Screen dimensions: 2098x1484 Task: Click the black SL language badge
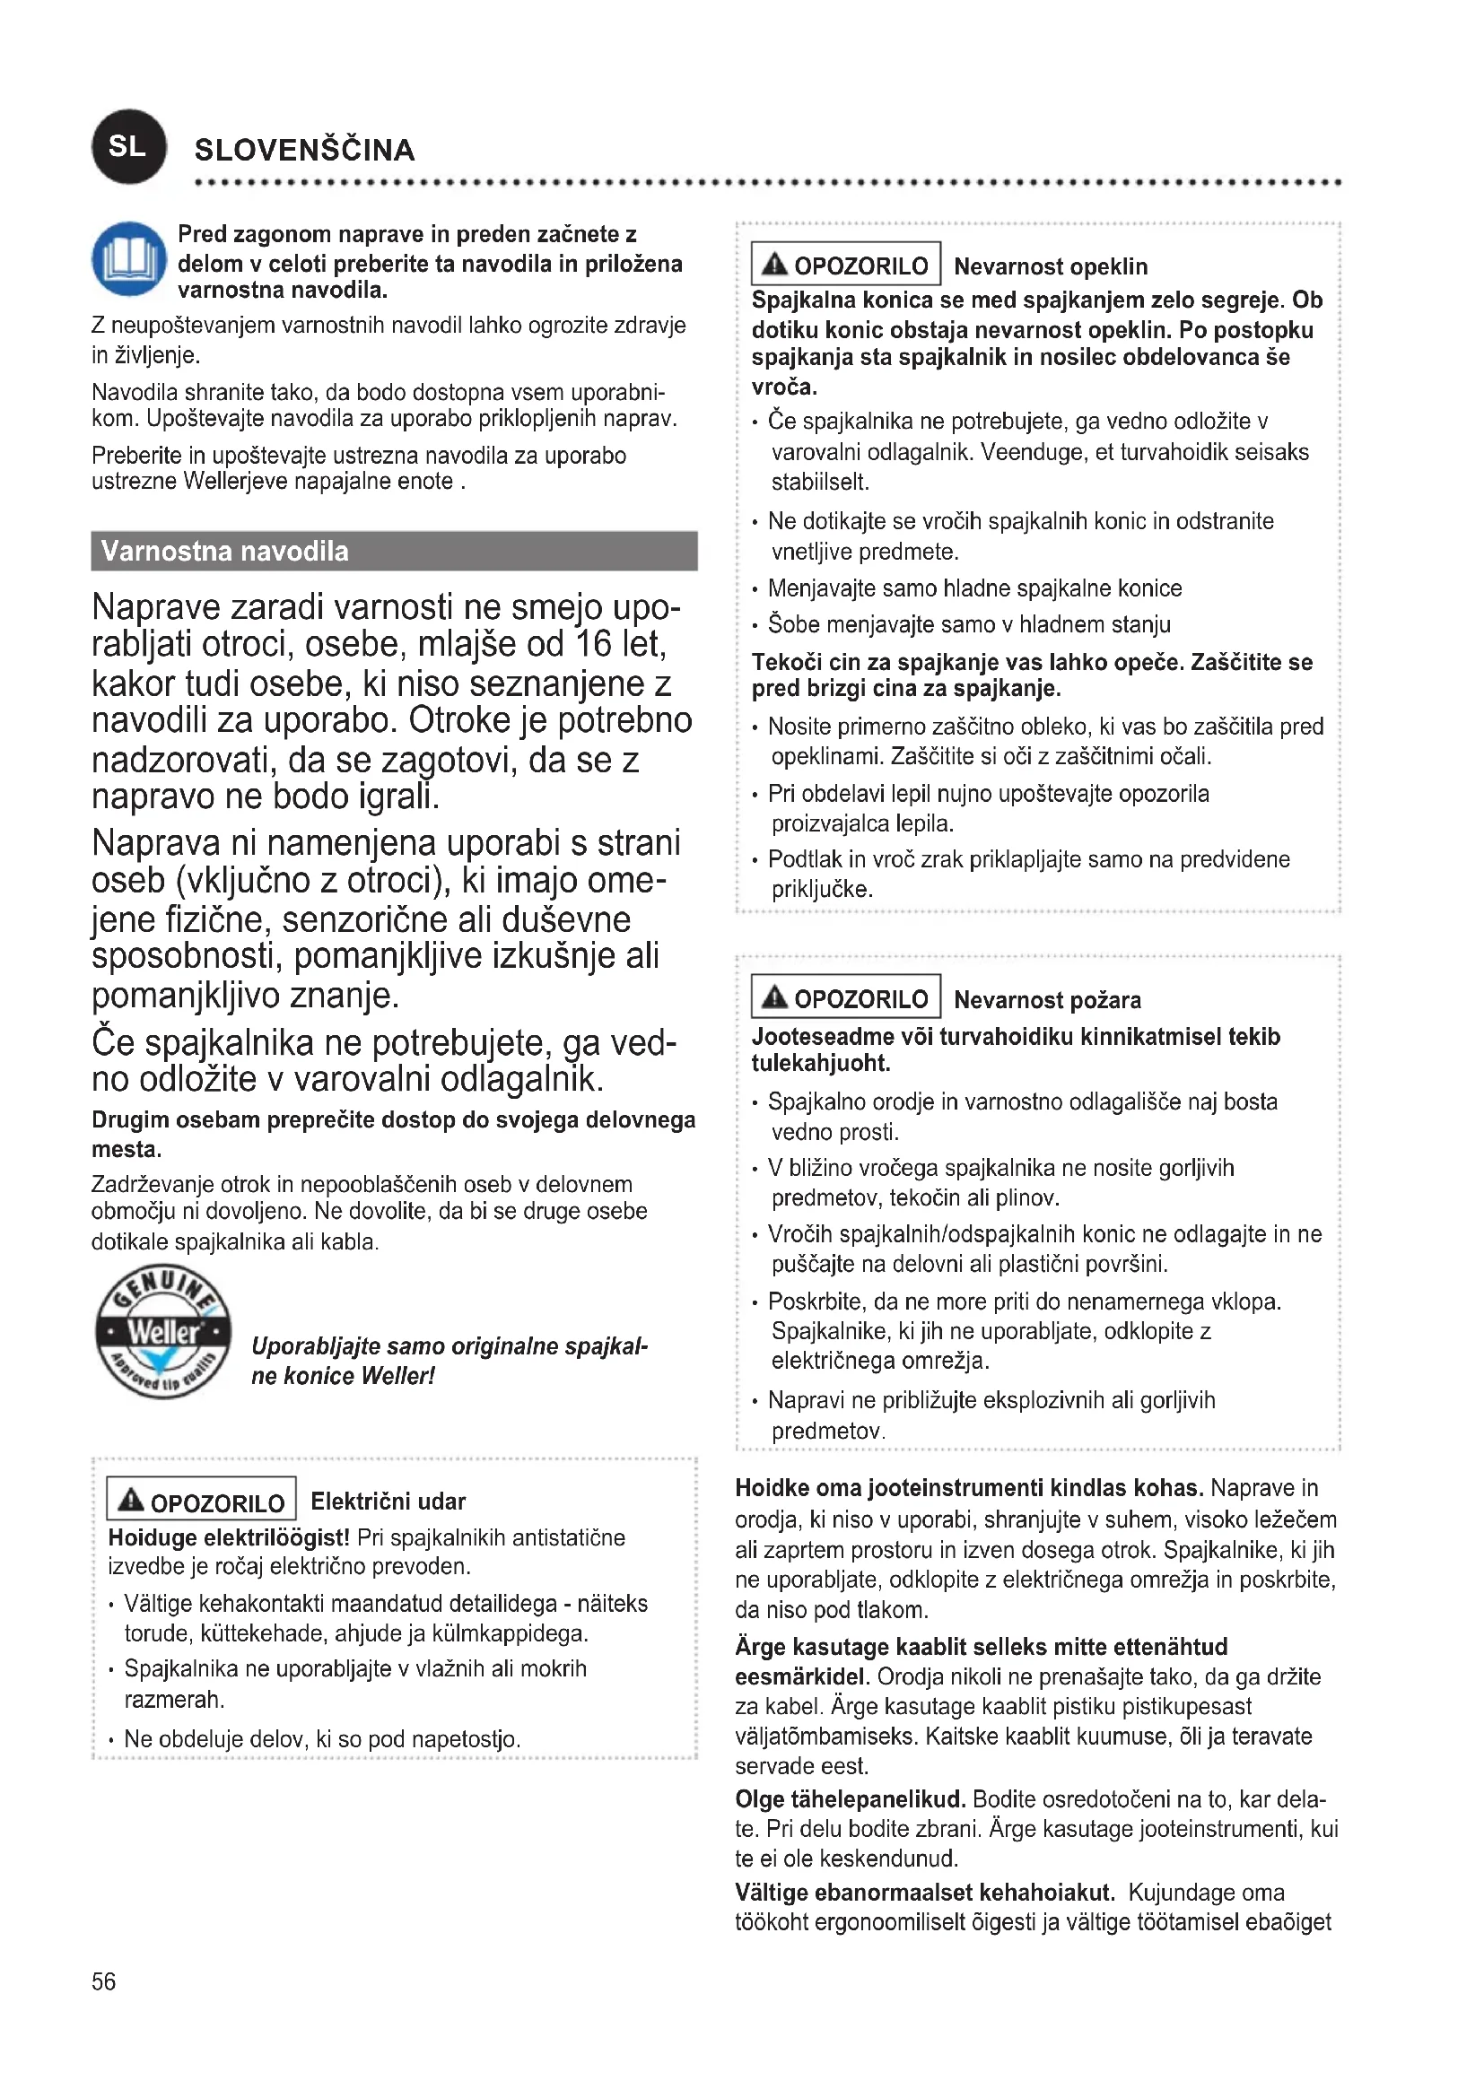tap(129, 146)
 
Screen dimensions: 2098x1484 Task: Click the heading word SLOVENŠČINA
tap(305, 150)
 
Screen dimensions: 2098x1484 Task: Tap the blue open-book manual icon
tap(129, 258)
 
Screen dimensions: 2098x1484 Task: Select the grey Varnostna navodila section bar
tap(394, 551)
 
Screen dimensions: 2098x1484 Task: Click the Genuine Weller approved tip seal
tap(162, 1331)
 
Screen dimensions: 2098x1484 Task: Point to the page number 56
tap(103, 1981)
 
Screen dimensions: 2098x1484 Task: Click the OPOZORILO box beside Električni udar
tap(201, 1502)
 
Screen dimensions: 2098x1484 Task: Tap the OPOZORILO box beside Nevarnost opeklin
tap(845, 265)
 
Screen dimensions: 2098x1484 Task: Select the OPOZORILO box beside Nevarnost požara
tap(845, 997)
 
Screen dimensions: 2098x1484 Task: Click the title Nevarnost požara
tap(1047, 999)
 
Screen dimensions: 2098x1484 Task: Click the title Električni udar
tap(388, 1502)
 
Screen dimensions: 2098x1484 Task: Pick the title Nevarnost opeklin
tap(1051, 266)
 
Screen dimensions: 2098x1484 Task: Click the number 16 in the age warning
tap(593, 644)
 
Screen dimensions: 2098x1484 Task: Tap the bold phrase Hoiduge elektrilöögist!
tap(229, 1538)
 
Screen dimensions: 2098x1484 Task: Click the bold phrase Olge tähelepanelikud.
tap(850, 1799)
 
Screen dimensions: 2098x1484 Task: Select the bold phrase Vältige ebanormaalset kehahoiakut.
tap(925, 1893)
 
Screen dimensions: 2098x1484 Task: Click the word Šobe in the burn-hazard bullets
tap(787, 625)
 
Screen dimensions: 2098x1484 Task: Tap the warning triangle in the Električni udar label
tap(132, 1500)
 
